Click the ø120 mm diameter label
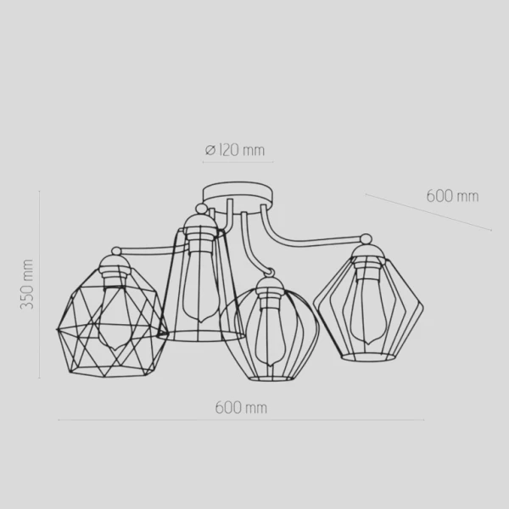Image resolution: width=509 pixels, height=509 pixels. [x=235, y=150]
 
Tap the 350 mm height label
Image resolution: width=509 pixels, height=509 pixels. [x=27, y=284]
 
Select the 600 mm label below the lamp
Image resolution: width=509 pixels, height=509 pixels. [x=241, y=408]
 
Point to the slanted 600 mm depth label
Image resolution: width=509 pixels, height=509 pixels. [x=452, y=196]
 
